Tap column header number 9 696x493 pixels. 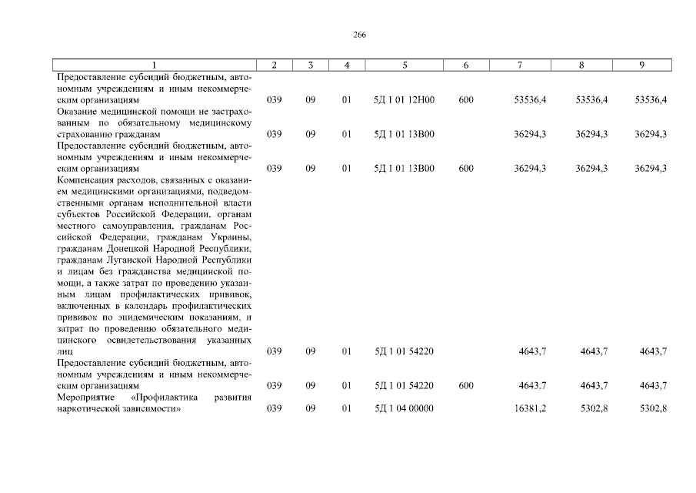pos(641,65)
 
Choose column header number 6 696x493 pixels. pos(466,65)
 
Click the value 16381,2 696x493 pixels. pos(530,408)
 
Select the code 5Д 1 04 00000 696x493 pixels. pos(404,408)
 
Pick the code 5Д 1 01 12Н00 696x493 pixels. pos(404,100)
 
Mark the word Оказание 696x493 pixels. pos(76,112)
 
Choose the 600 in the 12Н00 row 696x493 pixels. pos(466,100)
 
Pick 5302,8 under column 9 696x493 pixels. pos(650,408)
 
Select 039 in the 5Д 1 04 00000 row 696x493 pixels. pos(274,408)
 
